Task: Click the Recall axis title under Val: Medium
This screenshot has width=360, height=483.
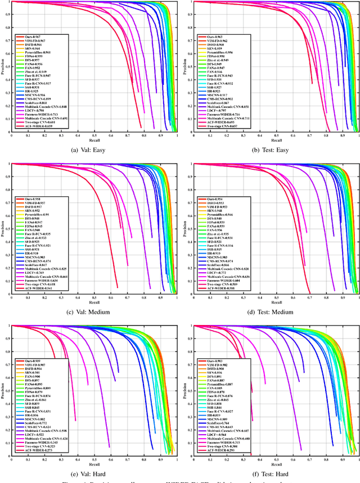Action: coord(93,301)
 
